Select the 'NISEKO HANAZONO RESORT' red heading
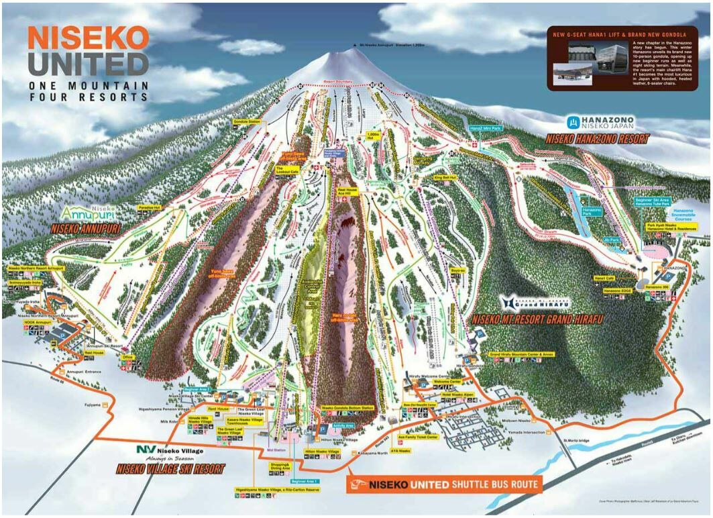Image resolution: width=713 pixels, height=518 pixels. click(597, 140)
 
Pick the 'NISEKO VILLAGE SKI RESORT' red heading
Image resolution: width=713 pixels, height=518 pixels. click(170, 468)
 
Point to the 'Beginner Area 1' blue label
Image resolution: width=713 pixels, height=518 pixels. click(305, 481)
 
